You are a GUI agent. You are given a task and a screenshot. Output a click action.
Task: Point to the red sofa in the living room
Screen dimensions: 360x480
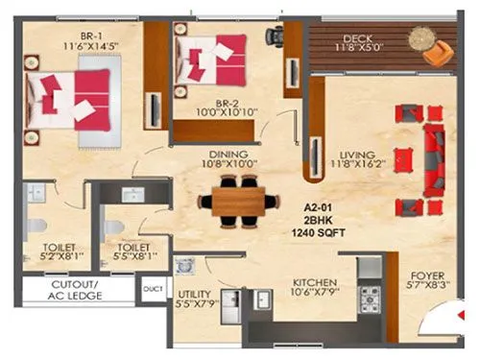coord(430,156)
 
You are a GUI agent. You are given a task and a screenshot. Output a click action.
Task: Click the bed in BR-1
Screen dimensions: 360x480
coord(75,96)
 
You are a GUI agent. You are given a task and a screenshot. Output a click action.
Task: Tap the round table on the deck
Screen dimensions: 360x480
coord(420,39)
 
